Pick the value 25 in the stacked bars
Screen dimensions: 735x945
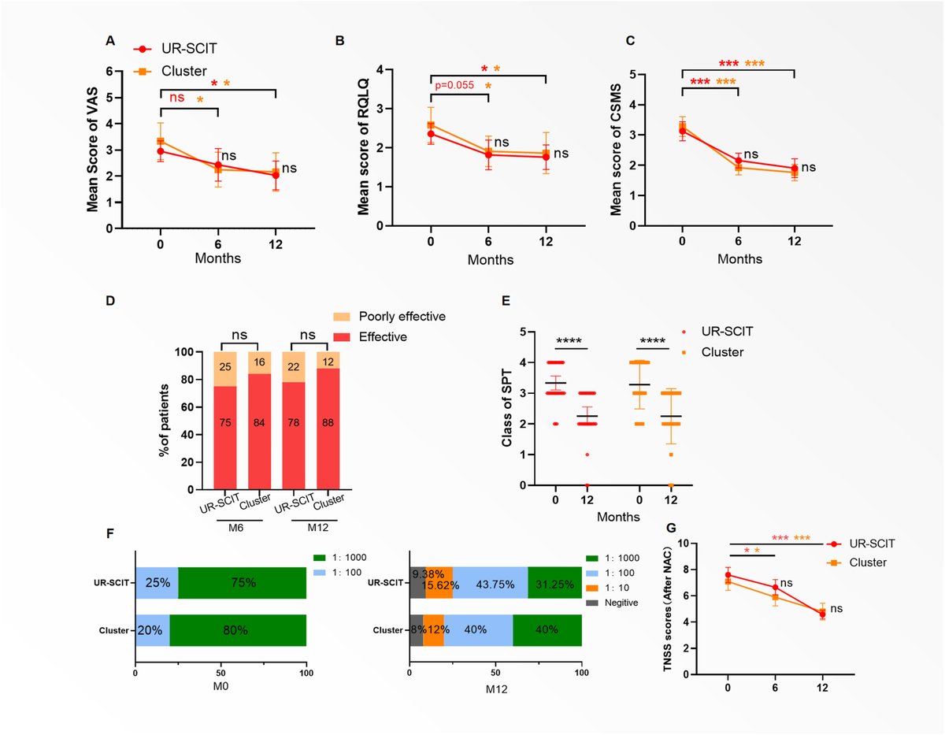225,368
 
